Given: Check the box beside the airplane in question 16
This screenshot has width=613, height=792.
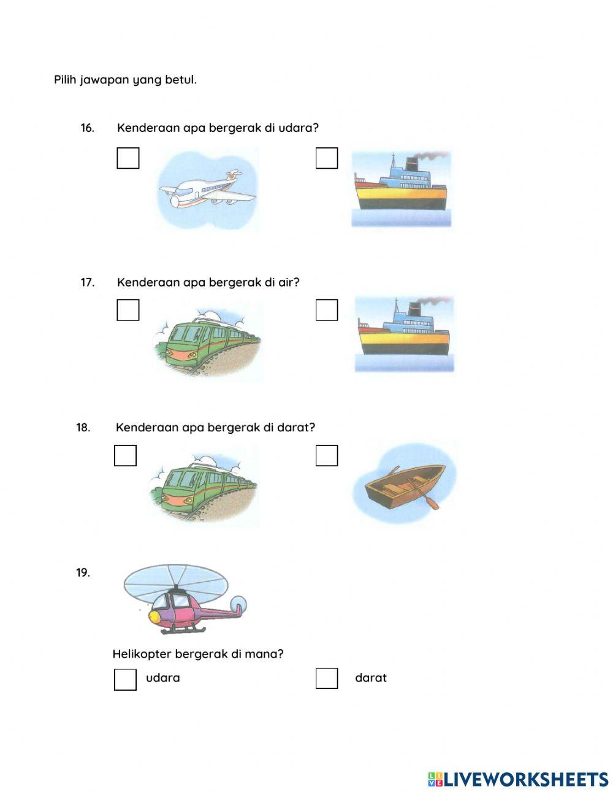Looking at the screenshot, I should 128,158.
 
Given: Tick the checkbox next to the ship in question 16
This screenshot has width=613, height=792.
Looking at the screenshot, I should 327,158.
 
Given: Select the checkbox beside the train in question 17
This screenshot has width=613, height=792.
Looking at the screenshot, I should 128,310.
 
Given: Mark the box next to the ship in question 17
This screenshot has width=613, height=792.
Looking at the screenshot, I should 327,310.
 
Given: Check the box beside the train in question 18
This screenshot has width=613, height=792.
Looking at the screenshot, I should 125,455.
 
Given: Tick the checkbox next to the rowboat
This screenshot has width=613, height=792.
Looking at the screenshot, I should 327,455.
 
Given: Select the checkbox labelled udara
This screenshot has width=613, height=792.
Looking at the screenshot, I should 125,679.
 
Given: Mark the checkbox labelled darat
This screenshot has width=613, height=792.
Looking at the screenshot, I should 327,679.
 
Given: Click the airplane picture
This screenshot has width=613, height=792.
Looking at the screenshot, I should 207,190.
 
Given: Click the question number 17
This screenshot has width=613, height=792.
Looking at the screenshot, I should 88,282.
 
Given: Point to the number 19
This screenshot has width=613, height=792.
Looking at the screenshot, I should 83,573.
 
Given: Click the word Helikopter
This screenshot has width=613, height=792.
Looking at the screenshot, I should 142,654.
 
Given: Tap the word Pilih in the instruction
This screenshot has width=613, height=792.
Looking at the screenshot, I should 65,80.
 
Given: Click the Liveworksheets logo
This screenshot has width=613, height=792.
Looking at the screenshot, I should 517,779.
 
